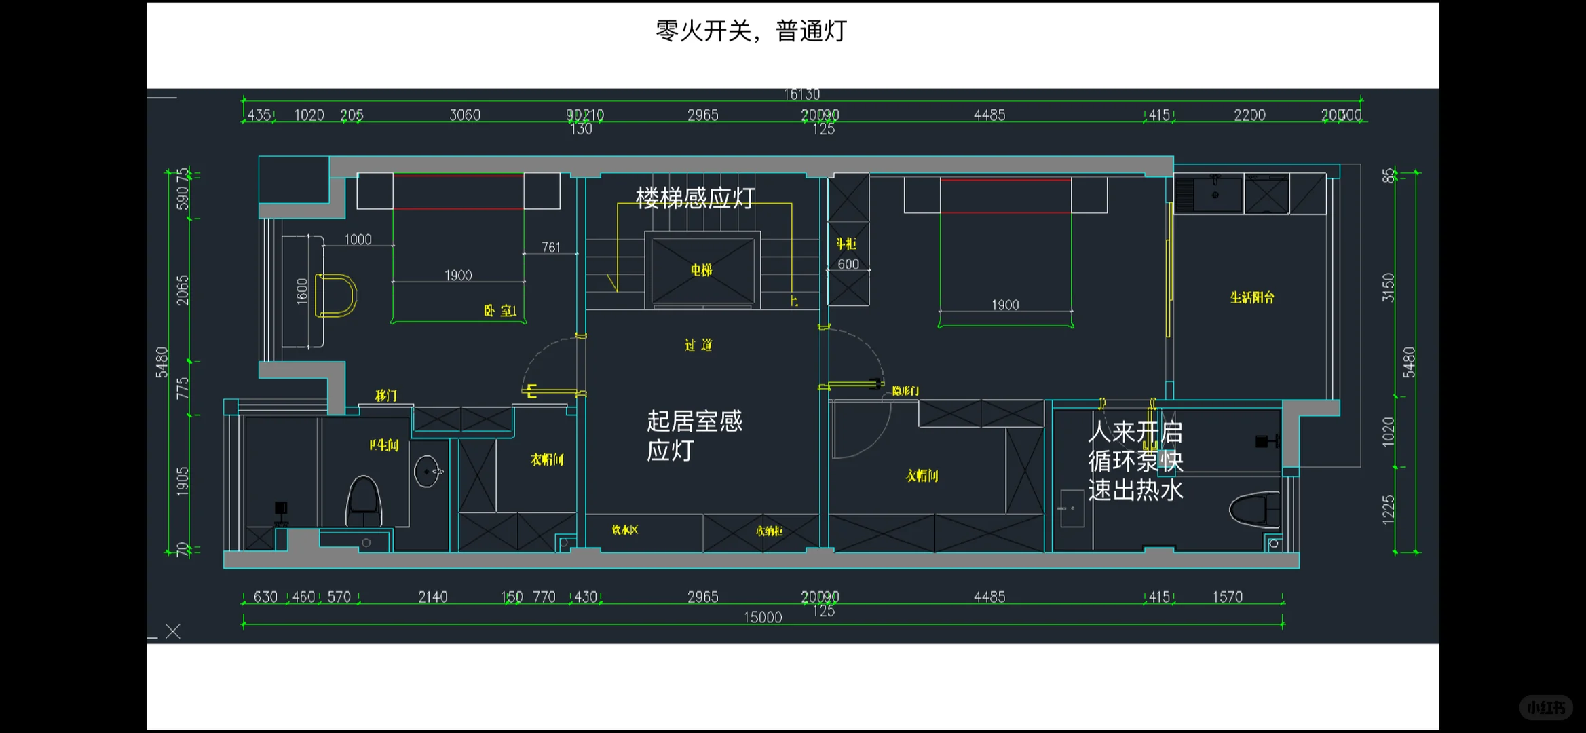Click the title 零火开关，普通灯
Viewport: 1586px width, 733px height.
click(751, 31)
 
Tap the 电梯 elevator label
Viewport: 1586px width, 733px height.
click(702, 270)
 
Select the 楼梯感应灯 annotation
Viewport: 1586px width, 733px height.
click(695, 198)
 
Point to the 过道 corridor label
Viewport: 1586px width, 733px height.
click(698, 345)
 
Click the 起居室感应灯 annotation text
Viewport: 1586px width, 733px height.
click(694, 435)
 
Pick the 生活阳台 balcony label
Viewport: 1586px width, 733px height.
click(1252, 297)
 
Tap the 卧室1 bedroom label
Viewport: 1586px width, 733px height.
click(500, 311)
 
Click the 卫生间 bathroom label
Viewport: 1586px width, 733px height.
click(384, 445)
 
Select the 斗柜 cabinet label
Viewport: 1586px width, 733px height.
click(846, 244)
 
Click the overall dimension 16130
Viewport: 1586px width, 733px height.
click(801, 94)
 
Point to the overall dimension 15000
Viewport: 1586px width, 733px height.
click(763, 618)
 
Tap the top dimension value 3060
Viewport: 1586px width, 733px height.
click(465, 115)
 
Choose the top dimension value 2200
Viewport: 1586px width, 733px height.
click(1249, 115)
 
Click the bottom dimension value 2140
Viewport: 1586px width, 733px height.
click(432, 597)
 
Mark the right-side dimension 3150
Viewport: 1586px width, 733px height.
click(1389, 287)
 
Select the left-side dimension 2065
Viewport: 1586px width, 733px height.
click(183, 290)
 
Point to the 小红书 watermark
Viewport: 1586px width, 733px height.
click(1546, 708)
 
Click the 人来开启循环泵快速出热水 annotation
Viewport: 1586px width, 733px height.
click(1135, 461)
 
